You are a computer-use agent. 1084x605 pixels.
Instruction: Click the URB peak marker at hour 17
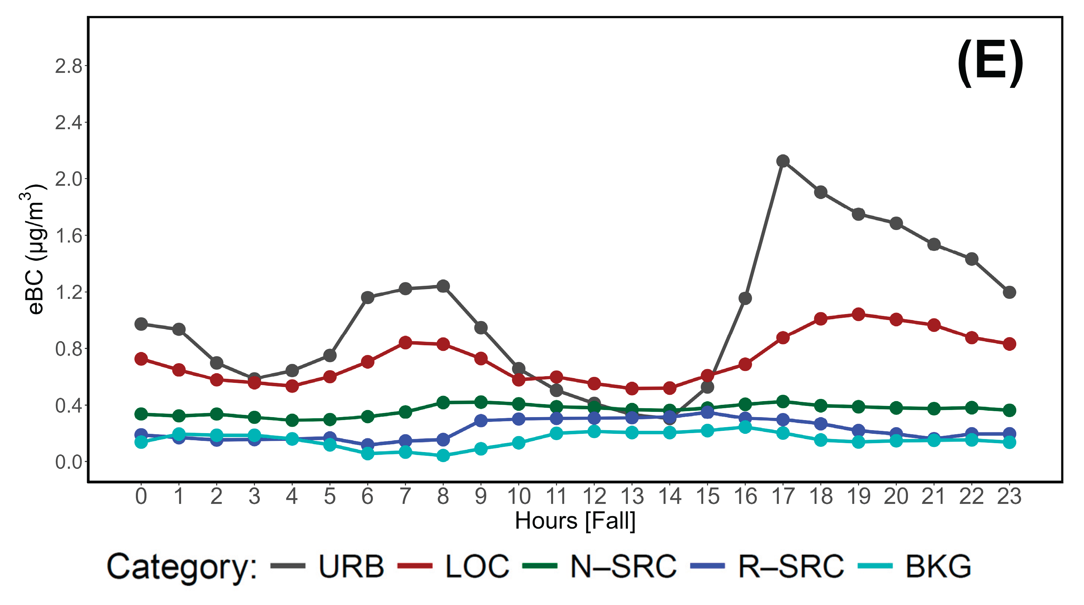[x=783, y=161]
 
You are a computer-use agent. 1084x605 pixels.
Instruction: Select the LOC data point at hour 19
[x=858, y=314]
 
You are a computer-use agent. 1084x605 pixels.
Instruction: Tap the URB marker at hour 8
[x=443, y=286]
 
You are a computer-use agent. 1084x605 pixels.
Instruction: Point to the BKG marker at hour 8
[x=443, y=455]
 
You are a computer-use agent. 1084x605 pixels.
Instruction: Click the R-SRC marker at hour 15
[x=707, y=412]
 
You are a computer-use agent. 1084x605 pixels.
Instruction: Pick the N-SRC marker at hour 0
[x=141, y=414]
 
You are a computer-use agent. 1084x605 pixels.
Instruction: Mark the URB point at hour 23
[x=1009, y=292]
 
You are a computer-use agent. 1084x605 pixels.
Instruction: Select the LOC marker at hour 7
[x=405, y=342]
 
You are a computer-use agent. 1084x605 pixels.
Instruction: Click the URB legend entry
[x=351, y=566]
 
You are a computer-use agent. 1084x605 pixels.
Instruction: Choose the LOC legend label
[x=477, y=566]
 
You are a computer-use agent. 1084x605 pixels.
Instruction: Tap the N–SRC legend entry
[x=623, y=566]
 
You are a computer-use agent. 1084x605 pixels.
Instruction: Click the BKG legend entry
[x=938, y=566]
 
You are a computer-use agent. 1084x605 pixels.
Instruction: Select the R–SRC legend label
[x=791, y=566]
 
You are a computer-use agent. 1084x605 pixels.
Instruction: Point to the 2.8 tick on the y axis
[x=68, y=67]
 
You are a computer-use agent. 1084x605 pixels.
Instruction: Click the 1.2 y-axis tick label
[x=68, y=292]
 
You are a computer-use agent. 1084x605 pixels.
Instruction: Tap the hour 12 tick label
[x=594, y=496]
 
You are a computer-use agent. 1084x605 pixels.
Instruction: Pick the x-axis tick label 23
[x=1009, y=496]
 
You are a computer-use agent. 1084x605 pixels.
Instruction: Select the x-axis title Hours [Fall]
[x=575, y=521]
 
